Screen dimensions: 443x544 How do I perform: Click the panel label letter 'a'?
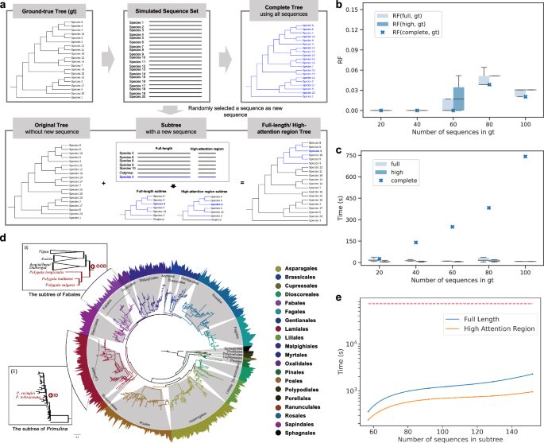(x=5, y=5)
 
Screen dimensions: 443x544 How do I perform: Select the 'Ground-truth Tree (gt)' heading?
(x=50, y=13)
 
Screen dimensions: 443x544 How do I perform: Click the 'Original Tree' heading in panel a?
(x=50, y=121)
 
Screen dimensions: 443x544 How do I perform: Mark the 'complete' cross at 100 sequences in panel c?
(x=525, y=157)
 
